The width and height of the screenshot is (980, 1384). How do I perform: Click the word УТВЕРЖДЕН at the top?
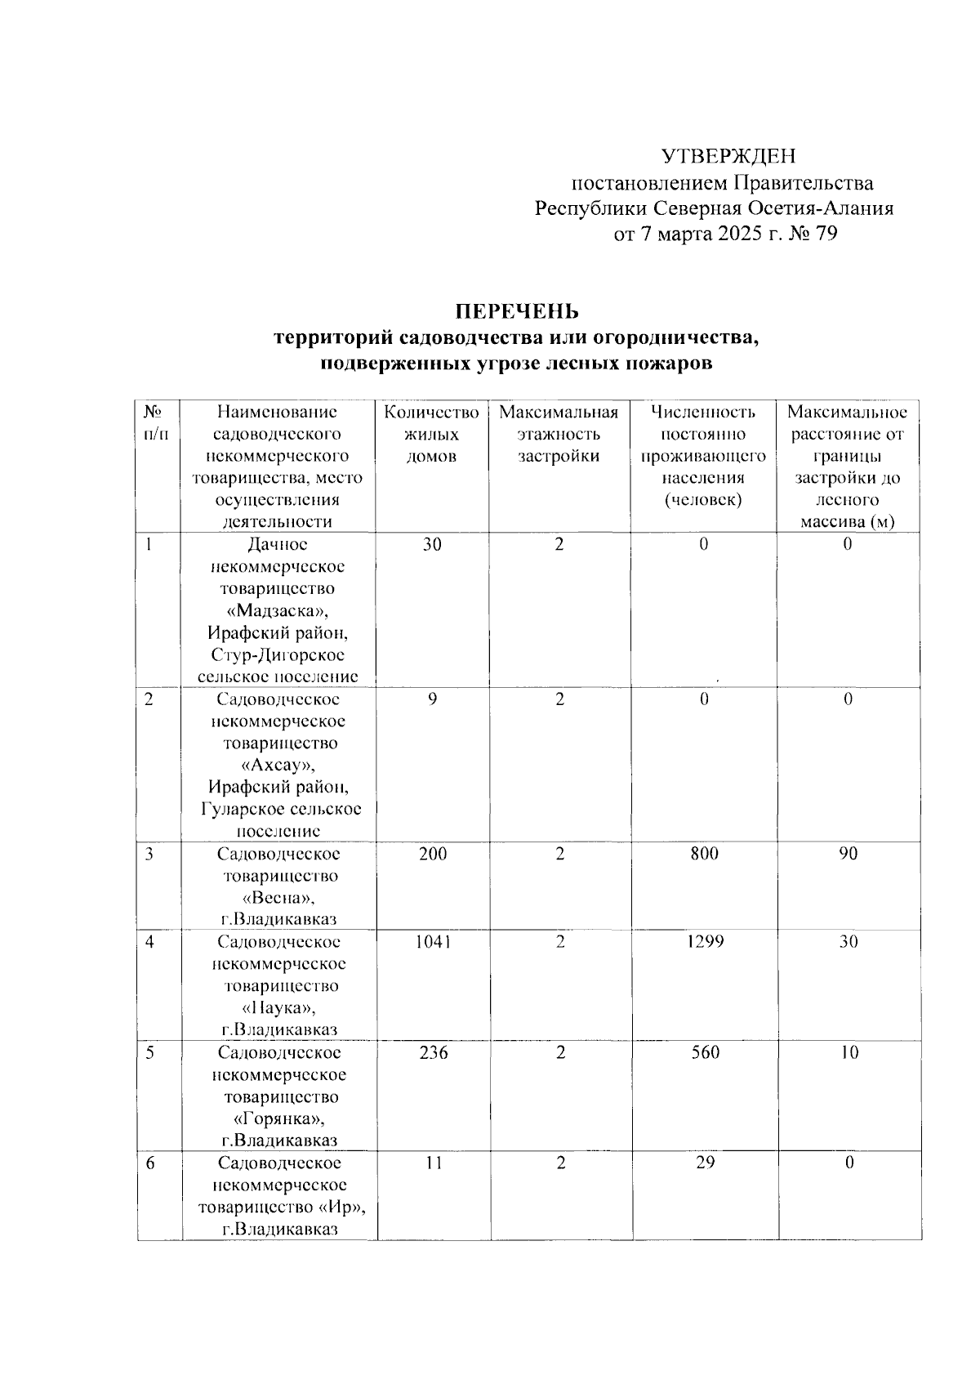click(728, 156)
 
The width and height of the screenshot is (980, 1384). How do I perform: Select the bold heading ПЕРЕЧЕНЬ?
click(517, 311)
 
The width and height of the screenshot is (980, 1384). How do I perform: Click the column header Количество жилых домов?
click(431, 434)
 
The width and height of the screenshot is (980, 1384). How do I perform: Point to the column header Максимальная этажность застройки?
click(559, 434)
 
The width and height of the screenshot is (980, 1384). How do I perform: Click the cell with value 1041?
click(432, 941)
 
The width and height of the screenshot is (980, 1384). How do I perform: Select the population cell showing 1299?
click(704, 941)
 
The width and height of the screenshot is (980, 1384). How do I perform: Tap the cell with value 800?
click(703, 853)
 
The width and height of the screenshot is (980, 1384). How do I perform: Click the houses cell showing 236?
click(433, 1052)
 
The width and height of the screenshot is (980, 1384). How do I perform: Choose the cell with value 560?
click(704, 1052)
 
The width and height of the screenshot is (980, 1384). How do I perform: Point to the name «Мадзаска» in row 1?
click(278, 611)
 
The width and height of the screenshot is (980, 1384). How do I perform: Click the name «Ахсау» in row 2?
click(278, 766)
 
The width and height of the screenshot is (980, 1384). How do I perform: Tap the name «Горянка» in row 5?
click(279, 1118)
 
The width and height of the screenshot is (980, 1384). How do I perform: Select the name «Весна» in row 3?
click(278, 898)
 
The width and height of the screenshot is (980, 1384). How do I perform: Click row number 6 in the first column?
click(150, 1163)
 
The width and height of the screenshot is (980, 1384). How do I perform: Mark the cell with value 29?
click(705, 1162)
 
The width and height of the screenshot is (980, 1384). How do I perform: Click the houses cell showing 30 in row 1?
click(432, 544)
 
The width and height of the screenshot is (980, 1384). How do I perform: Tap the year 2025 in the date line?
click(739, 234)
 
